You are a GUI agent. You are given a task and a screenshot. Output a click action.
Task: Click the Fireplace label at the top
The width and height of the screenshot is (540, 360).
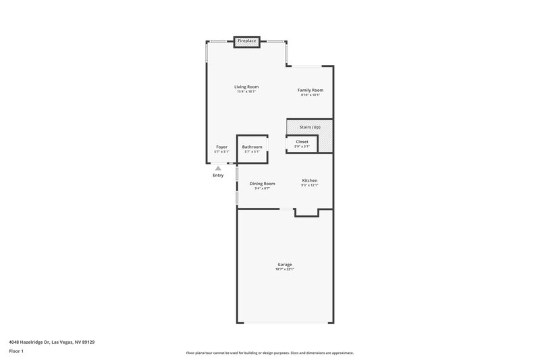click(x=246, y=41)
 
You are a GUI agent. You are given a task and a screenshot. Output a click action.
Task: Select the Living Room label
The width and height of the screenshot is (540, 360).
click(x=246, y=86)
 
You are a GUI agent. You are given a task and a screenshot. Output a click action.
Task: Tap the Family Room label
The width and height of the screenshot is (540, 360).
click(x=310, y=90)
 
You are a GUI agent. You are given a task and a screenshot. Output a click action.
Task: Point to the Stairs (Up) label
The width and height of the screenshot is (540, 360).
click(x=310, y=127)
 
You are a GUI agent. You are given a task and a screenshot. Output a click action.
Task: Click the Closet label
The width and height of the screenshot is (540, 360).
click(x=302, y=142)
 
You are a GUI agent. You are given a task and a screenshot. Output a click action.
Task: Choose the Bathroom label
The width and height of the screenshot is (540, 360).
click(x=252, y=147)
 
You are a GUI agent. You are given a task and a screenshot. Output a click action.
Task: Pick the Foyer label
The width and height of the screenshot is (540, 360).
click(x=221, y=147)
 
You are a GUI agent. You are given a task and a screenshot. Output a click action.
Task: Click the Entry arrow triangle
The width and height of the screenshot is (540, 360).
click(x=218, y=169)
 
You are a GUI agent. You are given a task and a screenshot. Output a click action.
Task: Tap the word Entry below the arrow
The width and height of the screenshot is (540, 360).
click(x=218, y=176)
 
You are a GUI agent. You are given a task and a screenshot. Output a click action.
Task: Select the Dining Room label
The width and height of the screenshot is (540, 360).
click(x=262, y=184)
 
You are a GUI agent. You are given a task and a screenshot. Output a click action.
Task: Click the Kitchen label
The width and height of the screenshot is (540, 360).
click(x=309, y=180)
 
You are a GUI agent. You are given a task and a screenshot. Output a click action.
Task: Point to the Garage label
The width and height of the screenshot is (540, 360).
click(x=285, y=264)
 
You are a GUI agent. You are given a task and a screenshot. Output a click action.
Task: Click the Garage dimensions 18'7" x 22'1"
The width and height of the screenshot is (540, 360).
click(x=285, y=269)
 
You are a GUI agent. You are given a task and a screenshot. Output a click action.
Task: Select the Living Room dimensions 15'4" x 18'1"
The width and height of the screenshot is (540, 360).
click(x=246, y=92)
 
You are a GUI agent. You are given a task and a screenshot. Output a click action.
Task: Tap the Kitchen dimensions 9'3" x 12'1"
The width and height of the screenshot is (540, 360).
click(x=309, y=186)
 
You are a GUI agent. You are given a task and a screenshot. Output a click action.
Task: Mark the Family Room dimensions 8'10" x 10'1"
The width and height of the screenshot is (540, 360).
click(x=310, y=95)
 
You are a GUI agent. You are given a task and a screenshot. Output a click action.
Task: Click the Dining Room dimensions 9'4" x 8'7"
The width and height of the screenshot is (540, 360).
click(x=262, y=188)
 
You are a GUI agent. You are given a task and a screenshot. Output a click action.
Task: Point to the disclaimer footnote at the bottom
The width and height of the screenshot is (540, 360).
click(x=270, y=353)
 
